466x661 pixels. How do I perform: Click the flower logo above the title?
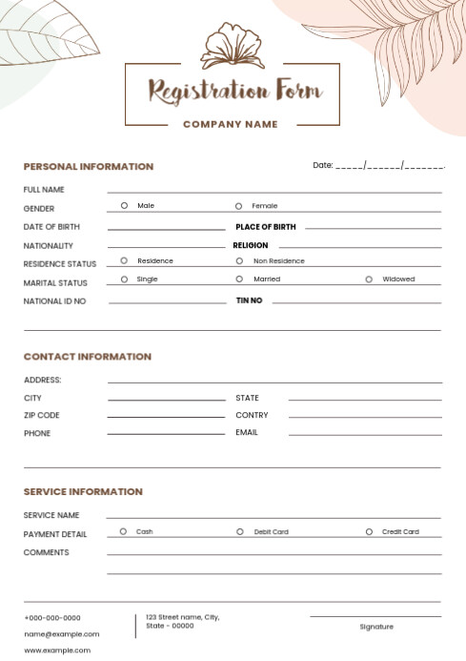(x=232, y=45)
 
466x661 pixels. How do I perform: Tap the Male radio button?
(x=124, y=205)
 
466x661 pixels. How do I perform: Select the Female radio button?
(x=238, y=206)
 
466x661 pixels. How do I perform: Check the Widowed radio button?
(x=369, y=279)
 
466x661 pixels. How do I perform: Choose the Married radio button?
(x=238, y=279)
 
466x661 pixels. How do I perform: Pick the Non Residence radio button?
(x=239, y=260)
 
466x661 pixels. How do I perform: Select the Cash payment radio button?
(x=123, y=531)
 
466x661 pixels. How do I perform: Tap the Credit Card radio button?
(x=369, y=531)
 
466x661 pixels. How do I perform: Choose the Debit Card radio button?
(x=240, y=531)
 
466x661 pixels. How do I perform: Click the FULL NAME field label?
(x=44, y=190)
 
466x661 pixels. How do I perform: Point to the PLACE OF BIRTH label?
(x=266, y=227)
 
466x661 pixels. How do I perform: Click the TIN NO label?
(x=249, y=300)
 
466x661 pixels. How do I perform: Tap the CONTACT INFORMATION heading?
(x=88, y=357)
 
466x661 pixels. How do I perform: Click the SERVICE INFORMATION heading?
(x=83, y=492)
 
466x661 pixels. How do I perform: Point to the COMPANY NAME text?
(x=231, y=124)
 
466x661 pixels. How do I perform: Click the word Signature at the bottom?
(x=376, y=627)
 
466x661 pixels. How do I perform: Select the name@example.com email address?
(x=62, y=633)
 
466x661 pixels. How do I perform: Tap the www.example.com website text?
(x=57, y=651)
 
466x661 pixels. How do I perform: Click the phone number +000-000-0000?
(x=52, y=618)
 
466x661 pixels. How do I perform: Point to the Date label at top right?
(x=323, y=165)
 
